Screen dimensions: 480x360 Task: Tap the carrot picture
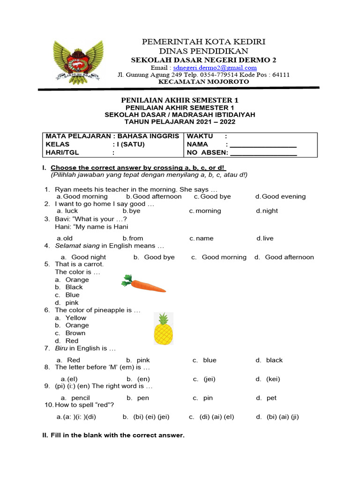tap(143, 284)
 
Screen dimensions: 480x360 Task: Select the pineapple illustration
tap(163, 328)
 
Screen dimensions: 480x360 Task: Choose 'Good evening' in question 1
tap(283, 196)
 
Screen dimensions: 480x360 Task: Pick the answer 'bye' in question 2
tap(134, 211)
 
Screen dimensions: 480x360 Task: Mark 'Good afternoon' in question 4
tap(289, 257)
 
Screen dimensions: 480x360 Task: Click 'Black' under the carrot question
tap(74, 287)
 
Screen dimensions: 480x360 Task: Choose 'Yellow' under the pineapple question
tap(75, 318)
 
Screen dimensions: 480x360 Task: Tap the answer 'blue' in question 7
tap(210, 360)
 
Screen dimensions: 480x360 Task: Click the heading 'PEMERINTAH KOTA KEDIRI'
tap(204, 42)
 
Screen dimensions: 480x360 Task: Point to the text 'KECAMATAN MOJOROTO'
tap(204, 82)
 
